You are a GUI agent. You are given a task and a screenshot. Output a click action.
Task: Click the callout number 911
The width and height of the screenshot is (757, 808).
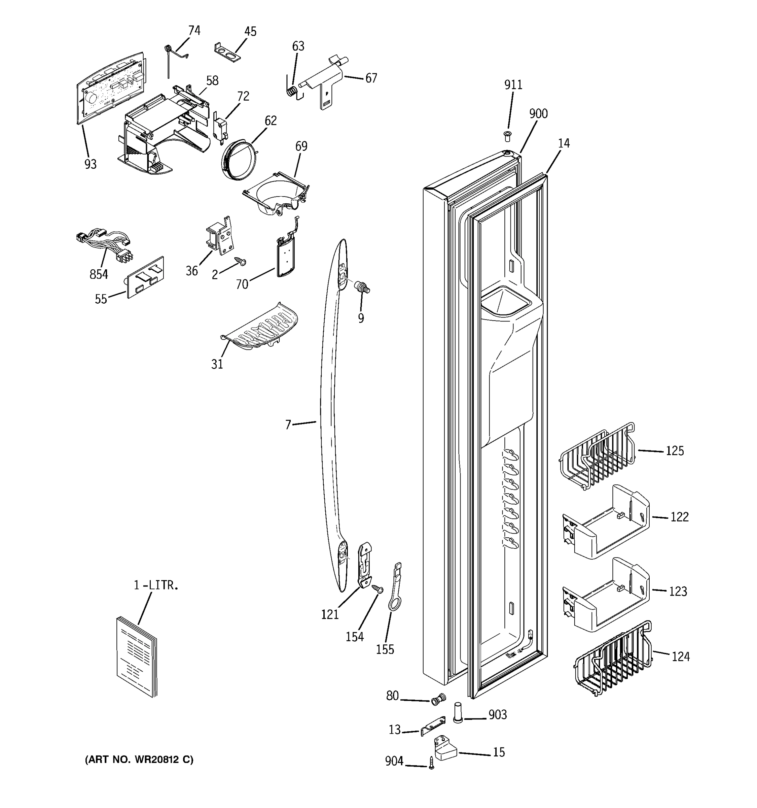513,85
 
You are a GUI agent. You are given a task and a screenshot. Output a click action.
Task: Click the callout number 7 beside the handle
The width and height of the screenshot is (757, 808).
288,425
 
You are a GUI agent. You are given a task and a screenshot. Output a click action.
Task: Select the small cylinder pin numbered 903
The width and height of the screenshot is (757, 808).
457,712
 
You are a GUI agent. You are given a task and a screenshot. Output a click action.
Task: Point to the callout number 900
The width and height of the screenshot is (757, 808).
538,114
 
